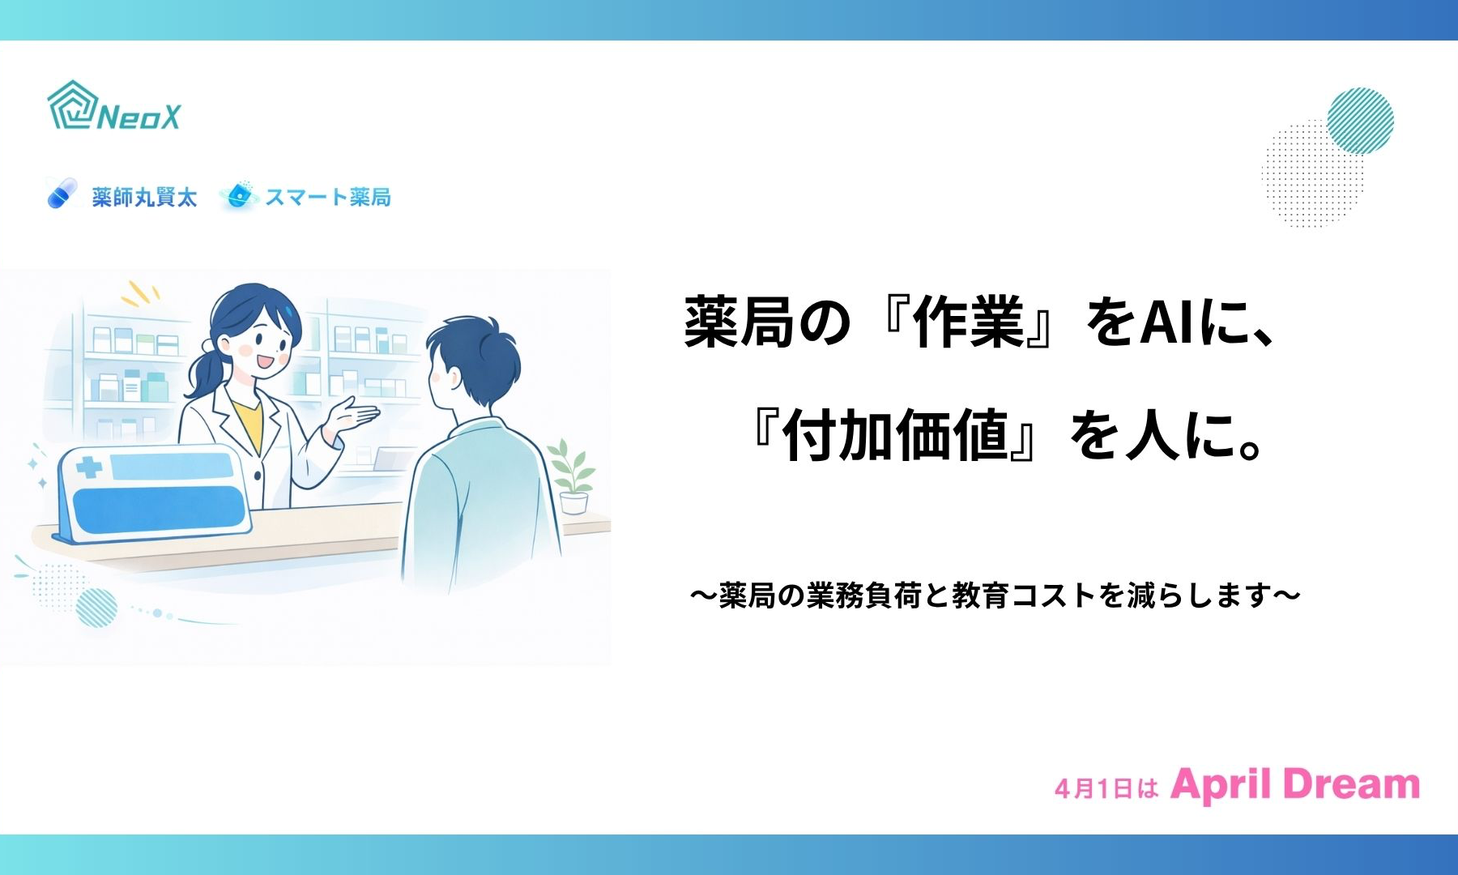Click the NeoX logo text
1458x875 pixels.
click(x=139, y=117)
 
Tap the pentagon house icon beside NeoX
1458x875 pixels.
click(x=72, y=105)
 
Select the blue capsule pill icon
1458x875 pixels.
click(x=62, y=194)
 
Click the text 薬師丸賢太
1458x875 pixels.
click(x=144, y=197)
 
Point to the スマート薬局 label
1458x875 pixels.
click(x=328, y=197)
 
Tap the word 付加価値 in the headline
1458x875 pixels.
click(x=895, y=435)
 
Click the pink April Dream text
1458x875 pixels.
click(x=1295, y=784)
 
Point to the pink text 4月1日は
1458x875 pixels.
click(x=1106, y=788)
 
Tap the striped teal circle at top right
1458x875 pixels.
click(x=1361, y=121)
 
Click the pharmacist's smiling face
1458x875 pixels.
click(x=262, y=344)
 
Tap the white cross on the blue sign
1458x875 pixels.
click(x=89, y=467)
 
